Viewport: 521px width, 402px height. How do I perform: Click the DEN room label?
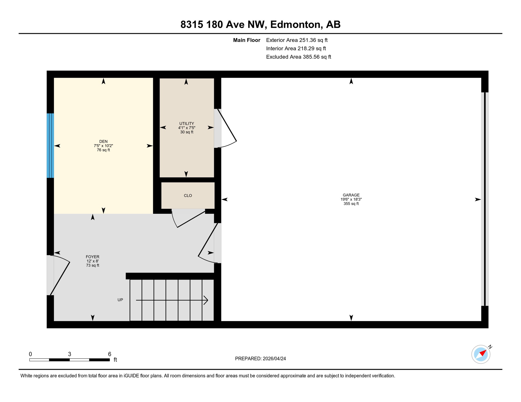click(x=103, y=141)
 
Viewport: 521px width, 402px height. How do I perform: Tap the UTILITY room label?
click(x=187, y=124)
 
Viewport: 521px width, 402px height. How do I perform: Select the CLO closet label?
click(x=188, y=196)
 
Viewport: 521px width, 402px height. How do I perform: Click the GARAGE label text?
click(x=351, y=195)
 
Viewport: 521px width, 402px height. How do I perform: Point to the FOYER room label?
click(x=93, y=257)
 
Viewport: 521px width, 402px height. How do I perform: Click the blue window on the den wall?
click(x=50, y=146)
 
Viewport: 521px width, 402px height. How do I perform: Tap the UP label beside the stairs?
click(x=120, y=300)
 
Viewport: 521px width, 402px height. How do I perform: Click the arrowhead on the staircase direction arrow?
click(x=206, y=300)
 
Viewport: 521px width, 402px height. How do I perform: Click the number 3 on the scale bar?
click(x=69, y=354)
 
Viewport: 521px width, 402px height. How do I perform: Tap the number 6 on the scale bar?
click(x=110, y=354)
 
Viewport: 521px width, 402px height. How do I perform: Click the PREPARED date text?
click(x=260, y=359)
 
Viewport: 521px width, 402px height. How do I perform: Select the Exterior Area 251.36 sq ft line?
click(x=297, y=40)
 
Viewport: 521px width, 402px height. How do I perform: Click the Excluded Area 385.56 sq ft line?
click(x=299, y=57)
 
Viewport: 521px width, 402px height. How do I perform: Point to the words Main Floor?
click(x=247, y=40)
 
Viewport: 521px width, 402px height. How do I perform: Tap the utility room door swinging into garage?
click(x=226, y=128)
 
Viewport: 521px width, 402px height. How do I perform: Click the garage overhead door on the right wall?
click(x=485, y=199)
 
